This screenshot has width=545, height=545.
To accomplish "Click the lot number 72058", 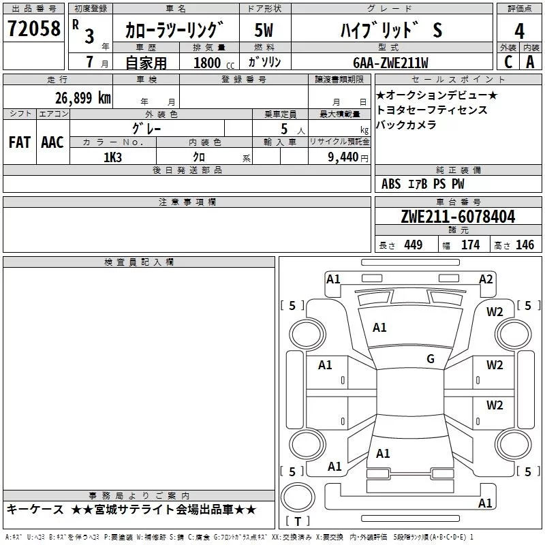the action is click(x=33, y=29).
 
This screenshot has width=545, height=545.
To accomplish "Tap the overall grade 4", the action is click(x=519, y=31).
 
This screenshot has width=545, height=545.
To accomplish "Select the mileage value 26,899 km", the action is click(x=83, y=98).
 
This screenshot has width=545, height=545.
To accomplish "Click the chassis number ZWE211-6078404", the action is click(x=458, y=217).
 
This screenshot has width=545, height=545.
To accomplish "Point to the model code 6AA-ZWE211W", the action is click(x=390, y=63).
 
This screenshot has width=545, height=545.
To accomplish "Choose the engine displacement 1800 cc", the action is click(x=214, y=63).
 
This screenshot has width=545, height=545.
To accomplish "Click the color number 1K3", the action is click(x=112, y=157).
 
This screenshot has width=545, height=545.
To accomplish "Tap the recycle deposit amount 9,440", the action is click(x=343, y=157).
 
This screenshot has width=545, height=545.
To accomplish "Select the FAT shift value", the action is click(x=20, y=142).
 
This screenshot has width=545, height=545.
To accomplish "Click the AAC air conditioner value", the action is click(x=52, y=142).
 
